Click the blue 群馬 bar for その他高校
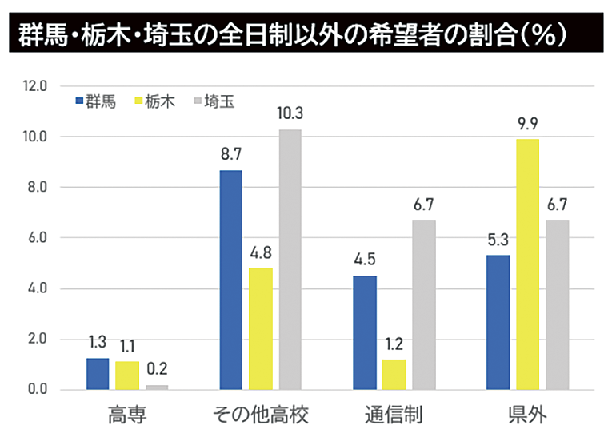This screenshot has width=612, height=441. point(231,280)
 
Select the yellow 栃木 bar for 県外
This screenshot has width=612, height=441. point(527,264)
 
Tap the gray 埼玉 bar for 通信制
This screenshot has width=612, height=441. point(424,304)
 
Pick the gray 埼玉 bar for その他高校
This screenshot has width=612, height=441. point(290,260)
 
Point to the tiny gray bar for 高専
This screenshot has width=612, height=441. point(156,387)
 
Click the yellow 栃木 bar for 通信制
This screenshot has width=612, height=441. point(394,374)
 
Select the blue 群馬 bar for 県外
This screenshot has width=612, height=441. point(498,322)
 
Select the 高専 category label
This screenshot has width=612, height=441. point(126,415)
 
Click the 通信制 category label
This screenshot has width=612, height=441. point(394,415)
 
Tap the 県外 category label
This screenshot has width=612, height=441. point(527,415)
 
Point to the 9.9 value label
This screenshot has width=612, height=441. point(527,123)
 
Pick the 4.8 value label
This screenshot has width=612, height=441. point(261,252)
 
